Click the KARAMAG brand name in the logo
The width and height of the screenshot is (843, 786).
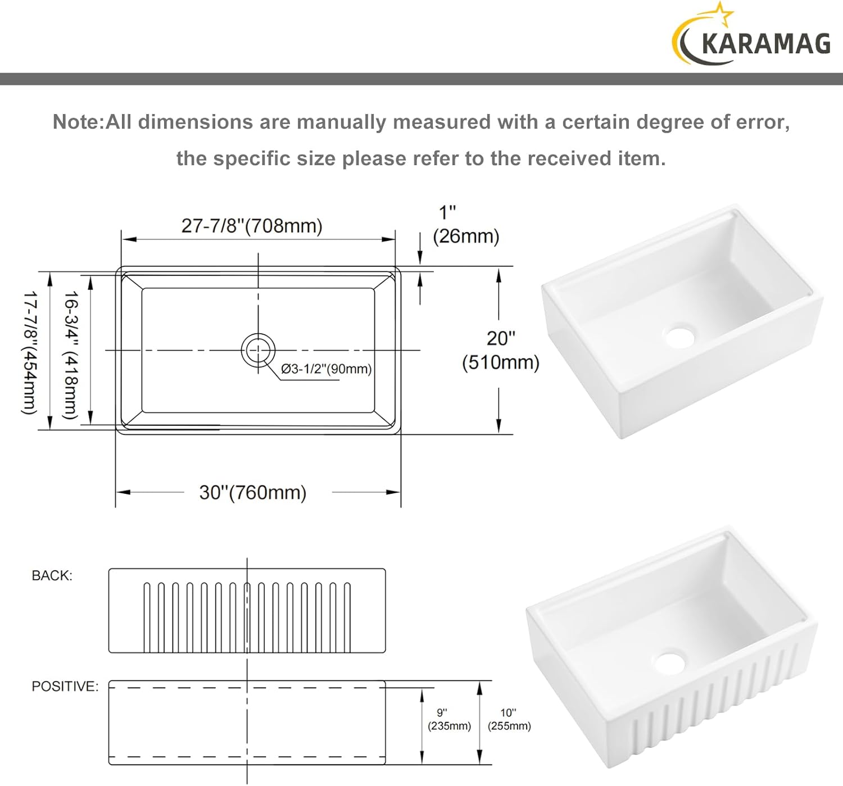(766, 44)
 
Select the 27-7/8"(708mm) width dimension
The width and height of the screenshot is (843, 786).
(252, 226)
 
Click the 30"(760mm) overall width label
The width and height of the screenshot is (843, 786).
(252, 492)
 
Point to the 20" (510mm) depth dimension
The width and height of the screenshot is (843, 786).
(501, 351)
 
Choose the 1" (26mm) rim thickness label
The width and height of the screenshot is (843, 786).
(466, 225)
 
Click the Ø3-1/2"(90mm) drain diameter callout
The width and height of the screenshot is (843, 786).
(326, 369)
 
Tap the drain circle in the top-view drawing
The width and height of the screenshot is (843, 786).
(258, 350)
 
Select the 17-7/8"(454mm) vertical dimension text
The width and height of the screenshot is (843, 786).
(30, 352)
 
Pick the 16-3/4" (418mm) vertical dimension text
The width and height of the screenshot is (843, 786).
(70, 355)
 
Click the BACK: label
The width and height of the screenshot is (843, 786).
(52, 575)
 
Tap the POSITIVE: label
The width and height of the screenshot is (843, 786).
(65, 686)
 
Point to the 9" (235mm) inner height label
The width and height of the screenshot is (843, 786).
(449, 719)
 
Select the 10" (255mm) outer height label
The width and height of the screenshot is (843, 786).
(509, 719)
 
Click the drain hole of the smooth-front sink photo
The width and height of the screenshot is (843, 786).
(679, 337)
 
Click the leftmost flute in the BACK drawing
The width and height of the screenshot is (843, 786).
(147, 617)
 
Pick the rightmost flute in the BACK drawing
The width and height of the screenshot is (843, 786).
(347, 617)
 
